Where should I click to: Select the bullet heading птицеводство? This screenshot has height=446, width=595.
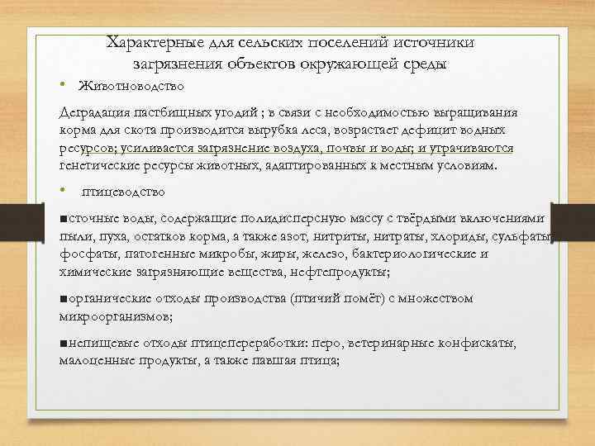tap(124, 192)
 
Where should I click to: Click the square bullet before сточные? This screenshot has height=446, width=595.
tap(64, 218)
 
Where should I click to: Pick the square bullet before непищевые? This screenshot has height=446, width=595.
tap(64, 344)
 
